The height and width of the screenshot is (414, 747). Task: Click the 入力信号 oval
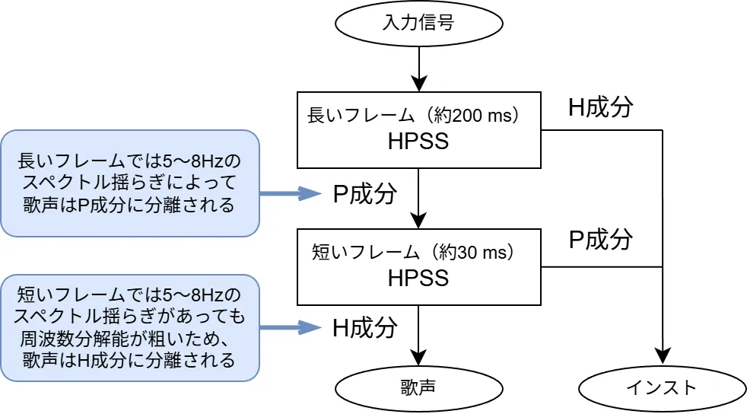tap(418, 23)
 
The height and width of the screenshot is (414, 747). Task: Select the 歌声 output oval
tap(418, 387)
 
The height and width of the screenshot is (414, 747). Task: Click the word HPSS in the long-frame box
tap(418, 142)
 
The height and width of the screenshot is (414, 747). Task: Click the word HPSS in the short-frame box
tap(418, 278)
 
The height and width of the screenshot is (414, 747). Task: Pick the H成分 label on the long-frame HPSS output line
tap(601, 107)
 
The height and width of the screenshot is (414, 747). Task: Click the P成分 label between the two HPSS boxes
tap(365, 194)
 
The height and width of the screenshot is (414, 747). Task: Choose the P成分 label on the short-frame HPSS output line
tap(601, 239)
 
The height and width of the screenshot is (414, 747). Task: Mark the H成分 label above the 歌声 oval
tap(365, 327)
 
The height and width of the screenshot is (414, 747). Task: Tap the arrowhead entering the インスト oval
tap(663, 357)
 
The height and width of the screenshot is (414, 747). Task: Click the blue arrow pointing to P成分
tap(291, 193)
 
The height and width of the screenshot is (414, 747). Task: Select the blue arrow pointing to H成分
tap(291, 327)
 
